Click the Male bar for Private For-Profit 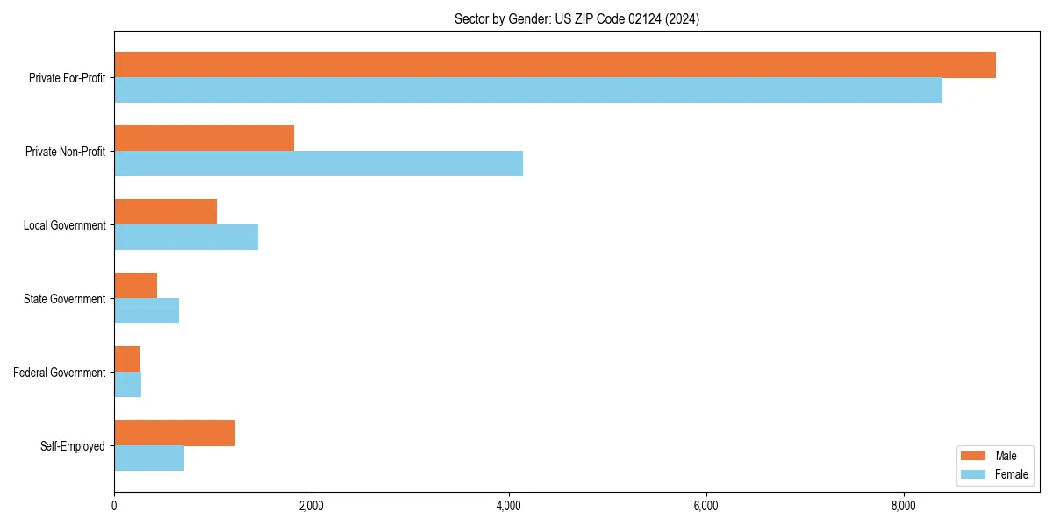555,65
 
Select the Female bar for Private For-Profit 528,90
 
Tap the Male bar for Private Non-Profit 204,139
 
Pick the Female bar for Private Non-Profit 319,164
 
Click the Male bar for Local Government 165,212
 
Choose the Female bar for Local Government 186,238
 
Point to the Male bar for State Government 135,286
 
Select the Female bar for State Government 147,311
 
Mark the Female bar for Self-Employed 149,458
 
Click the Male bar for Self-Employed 175,433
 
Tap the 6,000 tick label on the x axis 706,506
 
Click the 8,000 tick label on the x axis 904,506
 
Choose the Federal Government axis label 60,373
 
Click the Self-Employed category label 73,446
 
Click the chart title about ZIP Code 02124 577,18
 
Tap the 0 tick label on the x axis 114,506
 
